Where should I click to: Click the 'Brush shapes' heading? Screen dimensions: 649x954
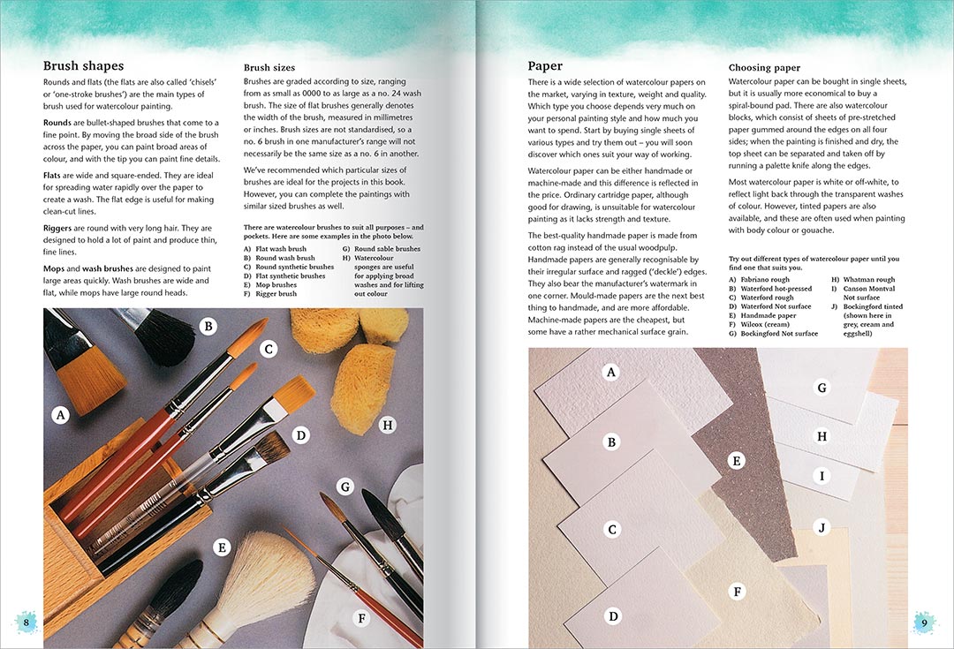pos(83,66)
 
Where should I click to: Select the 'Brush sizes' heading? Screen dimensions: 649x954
pos(269,67)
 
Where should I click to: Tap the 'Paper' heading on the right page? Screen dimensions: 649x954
pos(545,66)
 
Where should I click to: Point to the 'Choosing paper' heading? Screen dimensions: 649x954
pos(764,68)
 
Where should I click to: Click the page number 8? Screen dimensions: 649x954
pos(26,623)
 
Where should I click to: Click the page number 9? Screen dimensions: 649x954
pos(924,623)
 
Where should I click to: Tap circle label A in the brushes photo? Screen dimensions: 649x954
pos(61,414)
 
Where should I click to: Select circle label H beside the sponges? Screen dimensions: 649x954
pos(386,426)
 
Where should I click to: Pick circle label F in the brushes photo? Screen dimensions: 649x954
pos(360,618)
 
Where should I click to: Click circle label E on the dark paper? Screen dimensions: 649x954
pos(735,460)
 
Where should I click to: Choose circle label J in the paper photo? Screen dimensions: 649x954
pos(821,527)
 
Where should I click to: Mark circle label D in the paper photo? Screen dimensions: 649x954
pos(613,615)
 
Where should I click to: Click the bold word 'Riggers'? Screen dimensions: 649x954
pos(62,228)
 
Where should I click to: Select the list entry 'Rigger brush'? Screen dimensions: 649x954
pos(276,294)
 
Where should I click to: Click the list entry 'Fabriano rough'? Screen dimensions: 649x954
pos(766,280)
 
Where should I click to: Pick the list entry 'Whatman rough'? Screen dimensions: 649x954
pos(868,280)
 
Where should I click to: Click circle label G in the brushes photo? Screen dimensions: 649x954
pos(345,486)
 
